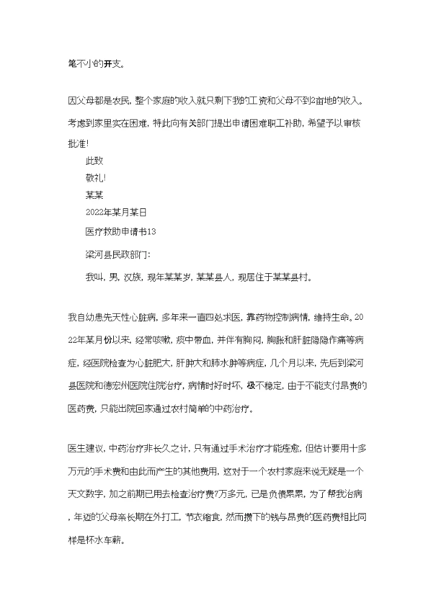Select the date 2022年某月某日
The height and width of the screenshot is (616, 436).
[117, 213]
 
